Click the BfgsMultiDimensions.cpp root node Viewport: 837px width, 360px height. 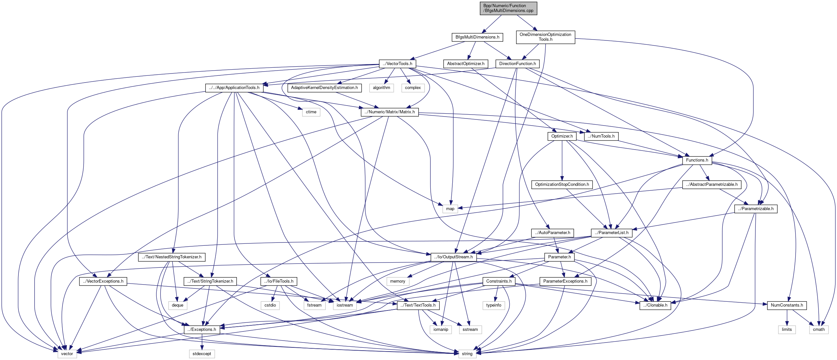(508, 8)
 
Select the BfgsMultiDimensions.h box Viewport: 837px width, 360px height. (477, 37)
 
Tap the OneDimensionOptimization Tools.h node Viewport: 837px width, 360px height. (545, 37)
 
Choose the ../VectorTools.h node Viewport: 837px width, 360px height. (397, 64)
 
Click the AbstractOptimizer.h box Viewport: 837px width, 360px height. (465, 64)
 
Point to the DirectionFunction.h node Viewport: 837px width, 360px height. (517, 64)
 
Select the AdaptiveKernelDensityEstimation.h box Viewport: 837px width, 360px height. (324, 88)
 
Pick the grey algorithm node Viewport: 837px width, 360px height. (381, 88)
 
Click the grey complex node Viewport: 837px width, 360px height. (413, 88)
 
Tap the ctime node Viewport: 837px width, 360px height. (311, 112)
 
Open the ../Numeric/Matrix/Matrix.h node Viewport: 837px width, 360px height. (390, 112)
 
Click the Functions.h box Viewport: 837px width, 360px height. (697, 160)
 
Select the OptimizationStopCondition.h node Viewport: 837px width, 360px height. (562, 185)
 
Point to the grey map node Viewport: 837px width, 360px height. (450, 209)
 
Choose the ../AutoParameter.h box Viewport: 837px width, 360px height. (552, 233)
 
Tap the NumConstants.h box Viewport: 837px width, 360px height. (786, 305)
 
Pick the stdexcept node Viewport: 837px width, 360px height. (202, 354)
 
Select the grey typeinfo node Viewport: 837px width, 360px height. (493, 305)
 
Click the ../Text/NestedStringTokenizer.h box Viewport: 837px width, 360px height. (172, 257)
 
